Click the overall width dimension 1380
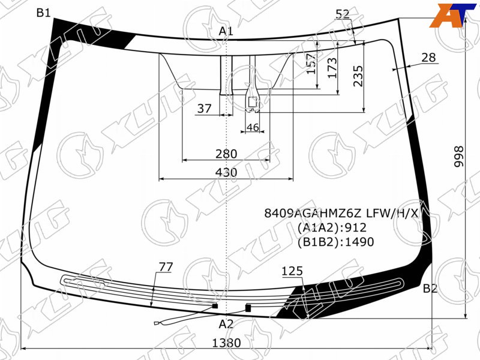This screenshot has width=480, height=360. point(226,343)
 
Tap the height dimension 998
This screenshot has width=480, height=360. point(458,157)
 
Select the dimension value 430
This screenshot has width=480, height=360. point(226,172)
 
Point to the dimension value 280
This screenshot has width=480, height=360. point(226,154)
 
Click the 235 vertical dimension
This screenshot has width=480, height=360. point(358,76)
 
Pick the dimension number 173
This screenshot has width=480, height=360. point(332,68)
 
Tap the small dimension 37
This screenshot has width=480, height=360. point(204,109)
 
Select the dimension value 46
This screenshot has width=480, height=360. point(253,127)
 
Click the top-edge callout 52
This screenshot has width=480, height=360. point(343,14)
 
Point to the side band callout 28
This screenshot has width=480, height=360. point(428,57)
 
